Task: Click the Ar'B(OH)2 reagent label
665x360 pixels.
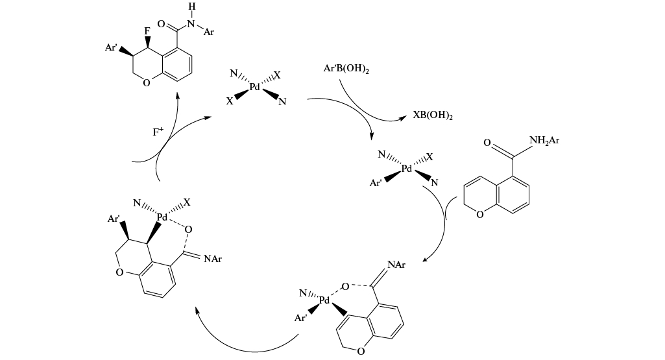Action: tap(346, 69)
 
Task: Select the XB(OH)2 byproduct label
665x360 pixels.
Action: tap(433, 116)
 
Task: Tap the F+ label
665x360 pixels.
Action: tap(158, 132)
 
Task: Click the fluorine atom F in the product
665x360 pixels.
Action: tap(147, 30)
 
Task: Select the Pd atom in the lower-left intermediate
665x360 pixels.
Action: tap(162, 217)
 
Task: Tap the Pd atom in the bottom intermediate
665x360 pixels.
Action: tap(324, 301)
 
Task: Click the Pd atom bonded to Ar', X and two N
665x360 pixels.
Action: tap(407, 169)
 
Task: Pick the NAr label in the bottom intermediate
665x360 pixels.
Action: tap(396, 265)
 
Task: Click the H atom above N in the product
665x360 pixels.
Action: tap(191, 6)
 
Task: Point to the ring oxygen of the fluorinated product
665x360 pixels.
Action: tap(147, 83)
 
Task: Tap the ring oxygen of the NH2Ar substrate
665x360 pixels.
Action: tap(479, 215)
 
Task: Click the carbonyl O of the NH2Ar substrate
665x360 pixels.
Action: tap(487, 142)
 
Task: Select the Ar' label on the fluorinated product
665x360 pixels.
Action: tap(111, 47)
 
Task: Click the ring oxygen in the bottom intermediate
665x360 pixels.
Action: tap(360, 352)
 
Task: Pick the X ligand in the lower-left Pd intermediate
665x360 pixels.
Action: tap(187, 203)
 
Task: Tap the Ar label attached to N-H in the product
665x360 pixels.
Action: tap(208, 32)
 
